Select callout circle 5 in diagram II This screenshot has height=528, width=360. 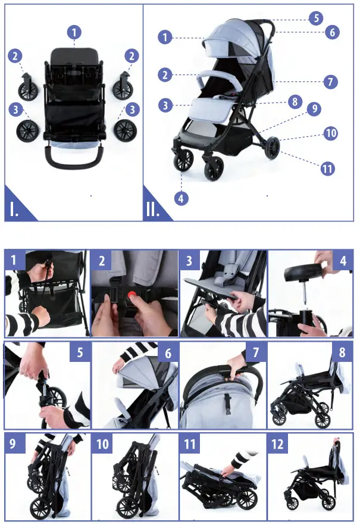click(x=317, y=17)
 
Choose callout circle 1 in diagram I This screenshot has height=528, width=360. click(x=74, y=32)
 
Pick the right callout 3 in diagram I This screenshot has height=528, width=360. click(x=132, y=110)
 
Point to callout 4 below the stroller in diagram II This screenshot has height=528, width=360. click(x=181, y=198)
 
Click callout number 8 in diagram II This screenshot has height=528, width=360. click(x=293, y=102)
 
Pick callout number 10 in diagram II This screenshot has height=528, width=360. click(x=331, y=133)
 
